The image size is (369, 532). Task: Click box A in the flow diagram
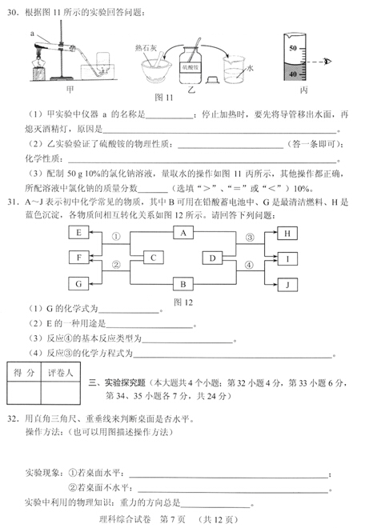click(x=183, y=232)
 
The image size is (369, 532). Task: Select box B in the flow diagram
click(x=183, y=283)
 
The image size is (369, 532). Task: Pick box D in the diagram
click(x=212, y=258)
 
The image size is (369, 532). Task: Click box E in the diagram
click(x=79, y=233)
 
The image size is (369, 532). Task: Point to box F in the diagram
click(x=79, y=258)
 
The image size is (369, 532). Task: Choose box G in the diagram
click(x=79, y=283)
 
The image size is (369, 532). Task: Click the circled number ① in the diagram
click(x=115, y=238)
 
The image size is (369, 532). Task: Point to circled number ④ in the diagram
click(x=249, y=265)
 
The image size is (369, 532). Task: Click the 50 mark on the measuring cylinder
click(x=292, y=50)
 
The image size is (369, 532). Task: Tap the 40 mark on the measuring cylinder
click(x=292, y=74)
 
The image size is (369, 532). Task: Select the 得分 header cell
click(x=24, y=373)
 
